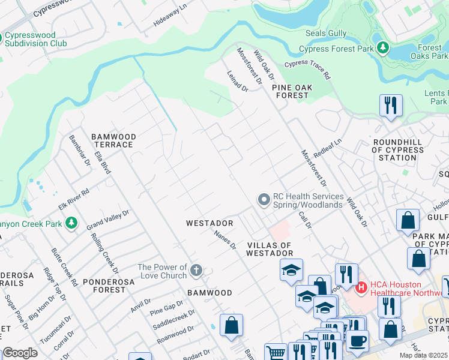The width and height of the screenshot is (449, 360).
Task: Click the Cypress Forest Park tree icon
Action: click(x=382, y=47)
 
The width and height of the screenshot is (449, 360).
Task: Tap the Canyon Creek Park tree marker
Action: click(x=71, y=224)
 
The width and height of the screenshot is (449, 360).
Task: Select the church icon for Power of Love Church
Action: click(x=195, y=271)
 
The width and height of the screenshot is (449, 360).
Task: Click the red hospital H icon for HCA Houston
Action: click(x=361, y=288)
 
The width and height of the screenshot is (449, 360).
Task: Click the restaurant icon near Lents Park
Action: click(x=391, y=106)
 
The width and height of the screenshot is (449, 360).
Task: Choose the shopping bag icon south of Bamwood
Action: click(x=231, y=326)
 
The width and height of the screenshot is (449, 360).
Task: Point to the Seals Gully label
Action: click(x=327, y=34)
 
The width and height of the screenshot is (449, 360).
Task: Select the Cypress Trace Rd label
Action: click(x=307, y=69)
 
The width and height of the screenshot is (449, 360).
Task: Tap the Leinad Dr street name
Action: click(x=238, y=80)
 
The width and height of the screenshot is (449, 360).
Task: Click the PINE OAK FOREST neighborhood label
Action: click(x=292, y=91)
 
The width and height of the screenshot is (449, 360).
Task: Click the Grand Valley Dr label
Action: click(x=108, y=220)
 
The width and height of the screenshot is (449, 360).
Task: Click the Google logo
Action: click(x=20, y=353)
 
